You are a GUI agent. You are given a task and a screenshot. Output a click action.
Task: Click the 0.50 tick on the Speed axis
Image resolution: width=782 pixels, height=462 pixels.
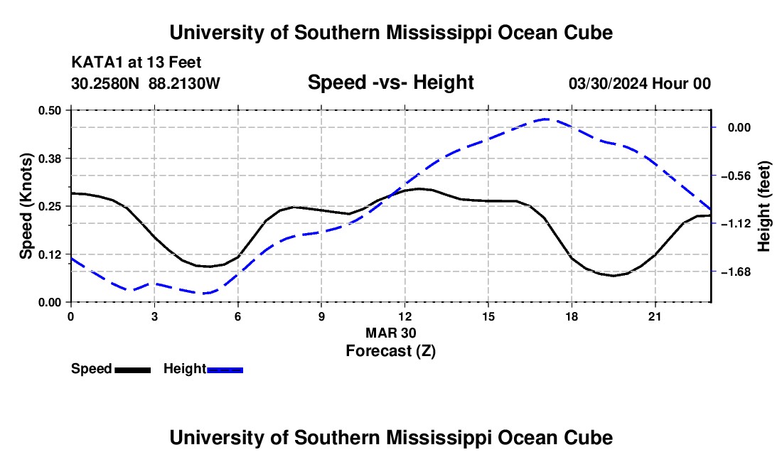coord(49,110)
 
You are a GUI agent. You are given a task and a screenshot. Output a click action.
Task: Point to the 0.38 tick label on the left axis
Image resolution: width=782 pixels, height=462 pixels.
coord(49,159)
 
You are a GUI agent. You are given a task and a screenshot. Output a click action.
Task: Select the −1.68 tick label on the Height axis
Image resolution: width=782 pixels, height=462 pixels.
coord(736,272)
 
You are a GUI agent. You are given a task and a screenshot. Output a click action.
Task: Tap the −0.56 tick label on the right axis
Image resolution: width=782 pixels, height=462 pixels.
coord(736,176)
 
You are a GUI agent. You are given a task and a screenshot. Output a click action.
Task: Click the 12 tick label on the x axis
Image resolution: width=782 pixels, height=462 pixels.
coord(405,316)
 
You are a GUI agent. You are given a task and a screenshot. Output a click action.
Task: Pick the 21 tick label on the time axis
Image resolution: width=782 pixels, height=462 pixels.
coord(655,316)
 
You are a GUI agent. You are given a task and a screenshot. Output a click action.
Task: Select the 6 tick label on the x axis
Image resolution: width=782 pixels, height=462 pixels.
coord(238,316)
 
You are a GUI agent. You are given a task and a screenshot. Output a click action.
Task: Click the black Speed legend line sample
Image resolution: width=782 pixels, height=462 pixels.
coord(133,370)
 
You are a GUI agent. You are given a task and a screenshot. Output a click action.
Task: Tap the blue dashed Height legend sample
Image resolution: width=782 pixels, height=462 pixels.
coord(225,370)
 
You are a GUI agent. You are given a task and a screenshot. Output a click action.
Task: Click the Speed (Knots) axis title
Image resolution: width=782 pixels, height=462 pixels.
coord(26,206)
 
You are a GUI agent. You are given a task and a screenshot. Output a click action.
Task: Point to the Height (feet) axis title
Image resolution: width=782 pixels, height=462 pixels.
coord(764,206)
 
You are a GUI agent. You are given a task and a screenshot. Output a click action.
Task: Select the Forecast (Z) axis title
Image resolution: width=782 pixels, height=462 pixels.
coord(391,351)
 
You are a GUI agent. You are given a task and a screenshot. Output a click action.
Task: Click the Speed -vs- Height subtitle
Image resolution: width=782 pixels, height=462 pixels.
coord(390,82)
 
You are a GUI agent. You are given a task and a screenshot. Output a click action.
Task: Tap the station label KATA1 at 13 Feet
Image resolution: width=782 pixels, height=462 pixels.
coord(136,63)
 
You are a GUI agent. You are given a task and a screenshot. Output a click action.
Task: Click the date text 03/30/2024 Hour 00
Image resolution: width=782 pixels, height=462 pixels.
coord(640,83)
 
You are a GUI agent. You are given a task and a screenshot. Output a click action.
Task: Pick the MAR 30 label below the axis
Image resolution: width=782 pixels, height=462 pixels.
coord(391,333)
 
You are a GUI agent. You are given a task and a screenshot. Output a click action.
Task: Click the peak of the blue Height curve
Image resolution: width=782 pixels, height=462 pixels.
coord(546,119)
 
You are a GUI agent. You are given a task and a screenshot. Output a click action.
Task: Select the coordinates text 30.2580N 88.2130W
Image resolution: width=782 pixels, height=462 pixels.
coord(146,83)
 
